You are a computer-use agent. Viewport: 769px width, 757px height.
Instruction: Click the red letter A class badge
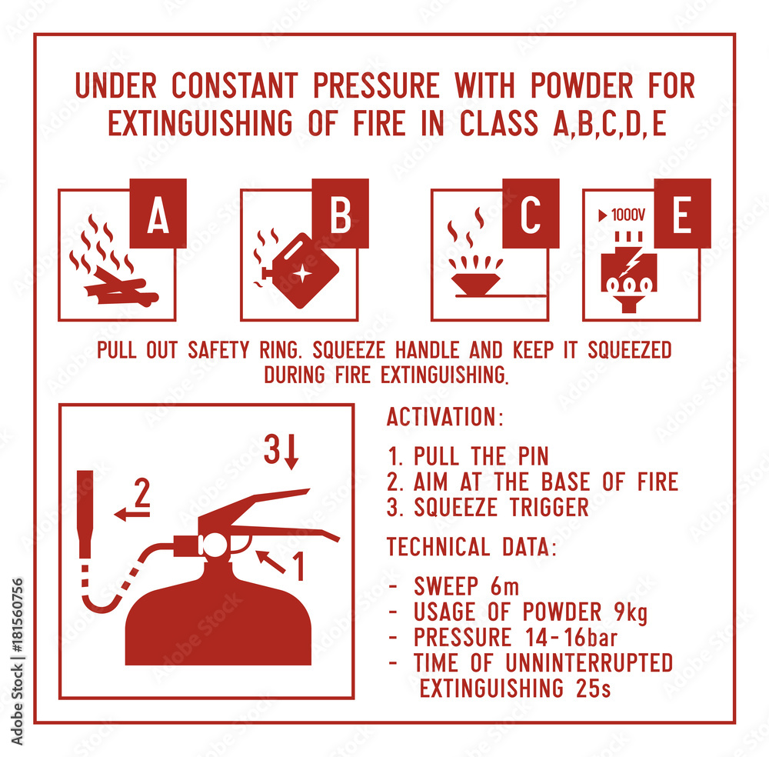click(158, 213)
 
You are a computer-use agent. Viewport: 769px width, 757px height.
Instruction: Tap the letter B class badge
click(341, 213)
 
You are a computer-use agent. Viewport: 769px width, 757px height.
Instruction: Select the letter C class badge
click(531, 213)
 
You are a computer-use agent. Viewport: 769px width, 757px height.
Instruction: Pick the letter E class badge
click(682, 213)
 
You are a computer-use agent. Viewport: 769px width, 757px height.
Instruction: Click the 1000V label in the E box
click(622, 215)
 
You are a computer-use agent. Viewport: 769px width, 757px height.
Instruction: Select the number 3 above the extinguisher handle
click(272, 449)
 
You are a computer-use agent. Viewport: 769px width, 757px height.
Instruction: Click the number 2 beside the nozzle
click(141, 492)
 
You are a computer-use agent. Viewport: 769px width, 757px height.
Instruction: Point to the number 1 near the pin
click(298, 566)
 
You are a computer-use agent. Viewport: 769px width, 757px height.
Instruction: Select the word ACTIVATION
click(442, 417)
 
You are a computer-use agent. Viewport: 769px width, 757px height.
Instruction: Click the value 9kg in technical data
click(631, 612)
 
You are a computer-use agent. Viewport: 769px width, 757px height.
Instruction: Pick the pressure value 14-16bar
click(571, 637)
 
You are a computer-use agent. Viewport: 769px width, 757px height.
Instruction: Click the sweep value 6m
click(504, 586)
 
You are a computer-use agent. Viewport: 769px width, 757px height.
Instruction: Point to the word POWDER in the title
click(581, 85)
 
